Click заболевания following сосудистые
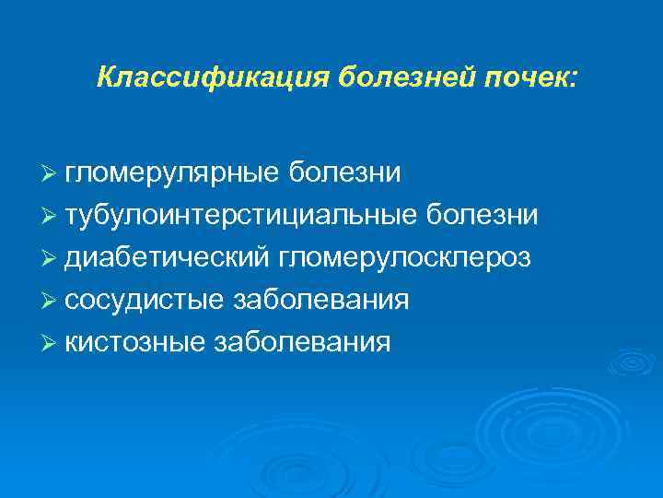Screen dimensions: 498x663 321,300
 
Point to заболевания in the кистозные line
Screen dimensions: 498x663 301,342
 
